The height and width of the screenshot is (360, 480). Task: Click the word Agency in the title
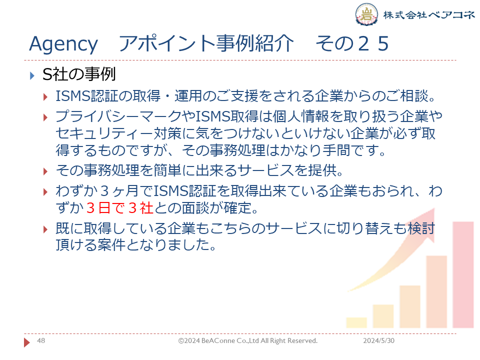[63, 44]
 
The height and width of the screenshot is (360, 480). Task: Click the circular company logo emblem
[366, 14]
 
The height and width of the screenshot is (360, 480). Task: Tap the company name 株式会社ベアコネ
[429, 14]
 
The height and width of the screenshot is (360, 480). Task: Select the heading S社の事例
[79, 74]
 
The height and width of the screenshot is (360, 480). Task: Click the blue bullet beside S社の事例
[32, 75]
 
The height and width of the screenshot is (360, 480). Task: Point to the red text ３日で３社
[119, 208]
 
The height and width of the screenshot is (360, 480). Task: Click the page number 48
[41, 340]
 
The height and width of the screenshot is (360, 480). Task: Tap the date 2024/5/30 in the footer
[378, 340]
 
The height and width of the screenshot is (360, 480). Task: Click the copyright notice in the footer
[247, 340]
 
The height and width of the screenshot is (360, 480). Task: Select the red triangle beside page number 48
[27, 342]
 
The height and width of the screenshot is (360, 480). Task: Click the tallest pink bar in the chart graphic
[463, 275]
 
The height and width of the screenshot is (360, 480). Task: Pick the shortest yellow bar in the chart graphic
[356, 322]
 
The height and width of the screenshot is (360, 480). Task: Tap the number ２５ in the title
[373, 43]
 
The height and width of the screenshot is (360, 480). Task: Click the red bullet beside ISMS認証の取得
[45, 97]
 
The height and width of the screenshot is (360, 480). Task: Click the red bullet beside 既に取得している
[45, 229]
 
